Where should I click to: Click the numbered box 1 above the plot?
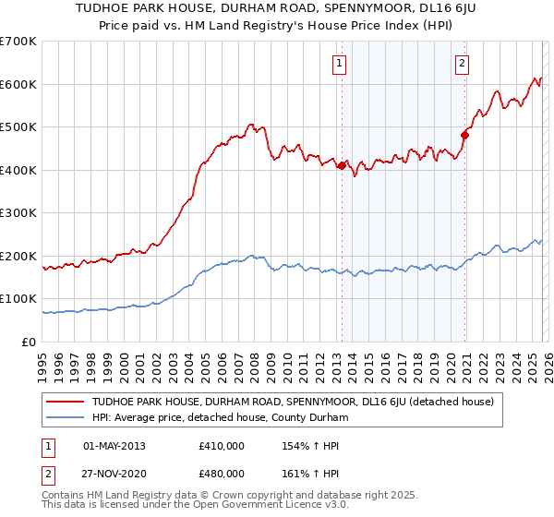pyautogui.click(x=340, y=64)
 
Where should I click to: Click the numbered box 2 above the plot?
pyautogui.click(x=461, y=64)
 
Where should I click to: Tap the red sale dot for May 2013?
pyautogui.click(x=342, y=166)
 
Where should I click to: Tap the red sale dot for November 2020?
pyautogui.click(x=465, y=136)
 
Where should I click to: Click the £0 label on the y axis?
pyautogui.click(x=29, y=343)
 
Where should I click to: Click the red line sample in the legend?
pyautogui.click(x=66, y=402)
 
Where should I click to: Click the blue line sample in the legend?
pyautogui.click(x=66, y=418)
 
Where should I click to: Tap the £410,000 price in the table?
pyautogui.click(x=222, y=446)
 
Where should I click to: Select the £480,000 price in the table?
pyautogui.click(x=222, y=472)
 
